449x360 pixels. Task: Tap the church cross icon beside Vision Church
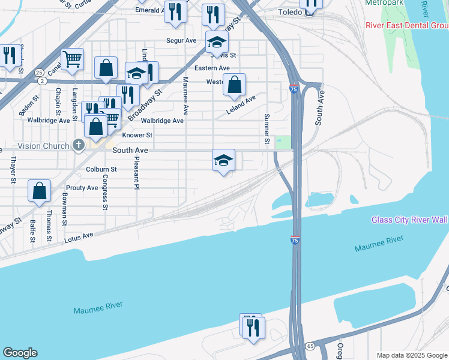point(78,145)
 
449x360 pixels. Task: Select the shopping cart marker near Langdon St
point(72,59)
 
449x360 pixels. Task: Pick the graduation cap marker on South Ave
point(223,160)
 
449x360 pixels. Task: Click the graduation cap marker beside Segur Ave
point(217,43)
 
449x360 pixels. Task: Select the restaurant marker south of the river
point(253,327)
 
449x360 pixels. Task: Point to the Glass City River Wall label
point(409,220)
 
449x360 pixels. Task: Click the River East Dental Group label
point(407,25)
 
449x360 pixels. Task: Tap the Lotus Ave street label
point(79,238)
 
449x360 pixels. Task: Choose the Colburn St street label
point(101,170)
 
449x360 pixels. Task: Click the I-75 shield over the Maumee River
point(297,241)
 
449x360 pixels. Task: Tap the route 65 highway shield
point(310,346)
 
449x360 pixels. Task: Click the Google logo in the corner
point(20,353)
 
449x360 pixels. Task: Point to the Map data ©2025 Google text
point(411,355)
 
